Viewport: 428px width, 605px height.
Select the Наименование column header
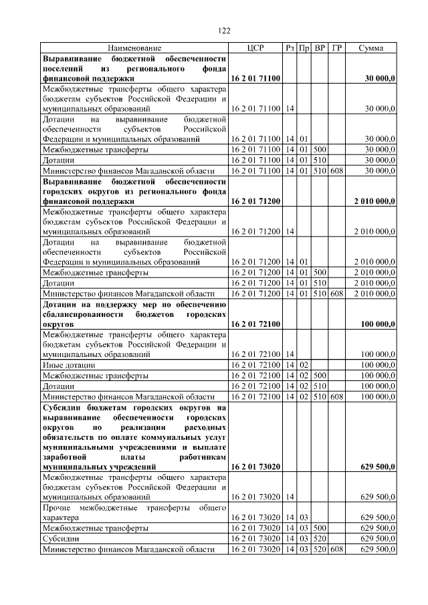pyautogui.click(x=134, y=48)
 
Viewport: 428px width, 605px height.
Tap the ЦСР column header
pyautogui.click(x=255, y=48)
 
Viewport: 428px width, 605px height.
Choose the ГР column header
pyautogui.click(x=337, y=48)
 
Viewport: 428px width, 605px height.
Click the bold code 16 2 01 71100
pyautogui.click(x=255, y=78)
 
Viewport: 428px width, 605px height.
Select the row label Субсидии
pyautogui.click(x=58, y=539)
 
